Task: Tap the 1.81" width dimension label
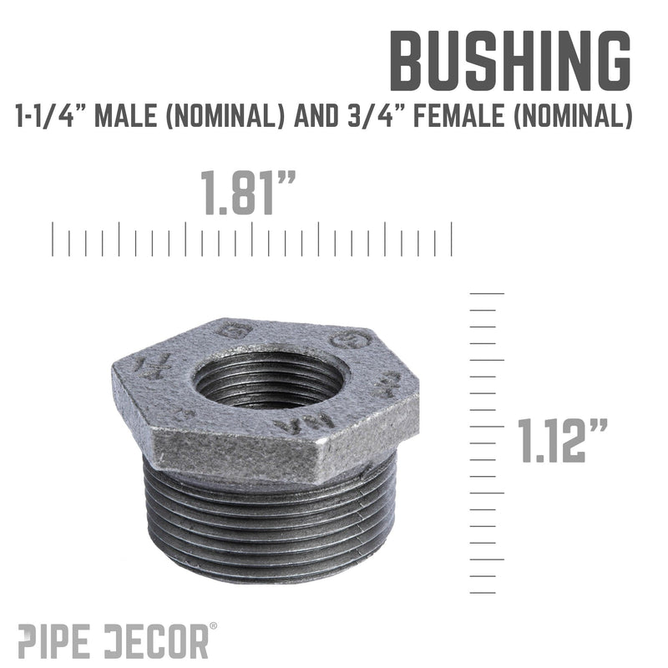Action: coord(250,194)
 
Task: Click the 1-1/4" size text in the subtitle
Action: coord(51,118)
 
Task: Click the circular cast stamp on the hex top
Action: coord(345,340)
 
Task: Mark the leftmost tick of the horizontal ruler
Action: coord(53,239)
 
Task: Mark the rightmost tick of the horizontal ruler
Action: coord(452,239)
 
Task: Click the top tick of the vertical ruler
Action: coord(488,294)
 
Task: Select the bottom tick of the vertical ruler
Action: coord(483,592)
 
